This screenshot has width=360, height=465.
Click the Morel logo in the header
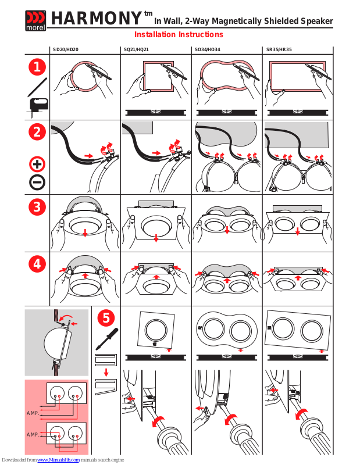(x=35, y=20)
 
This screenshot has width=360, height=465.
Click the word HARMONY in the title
(x=97, y=18)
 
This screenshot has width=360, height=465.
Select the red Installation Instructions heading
(x=179, y=34)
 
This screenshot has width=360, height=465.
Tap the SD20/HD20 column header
(x=66, y=49)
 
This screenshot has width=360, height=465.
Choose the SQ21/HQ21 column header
(x=136, y=49)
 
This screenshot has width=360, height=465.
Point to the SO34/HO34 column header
(x=208, y=49)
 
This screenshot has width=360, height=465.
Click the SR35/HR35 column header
(x=279, y=49)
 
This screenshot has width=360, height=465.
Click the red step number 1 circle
(x=37, y=67)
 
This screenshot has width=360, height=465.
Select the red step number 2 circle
(x=37, y=132)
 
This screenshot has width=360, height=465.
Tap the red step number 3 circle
(x=37, y=207)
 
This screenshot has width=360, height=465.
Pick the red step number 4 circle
(x=37, y=264)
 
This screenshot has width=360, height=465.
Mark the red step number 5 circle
(x=106, y=318)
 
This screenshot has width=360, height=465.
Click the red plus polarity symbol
(x=37, y=164)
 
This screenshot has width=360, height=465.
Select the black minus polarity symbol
(x=37, y=182)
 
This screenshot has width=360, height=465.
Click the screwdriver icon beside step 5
(x=107, y=339)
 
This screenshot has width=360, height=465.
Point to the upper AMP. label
(x=33, y=413)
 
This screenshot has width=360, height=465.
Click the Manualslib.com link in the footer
(x=59, y=460)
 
